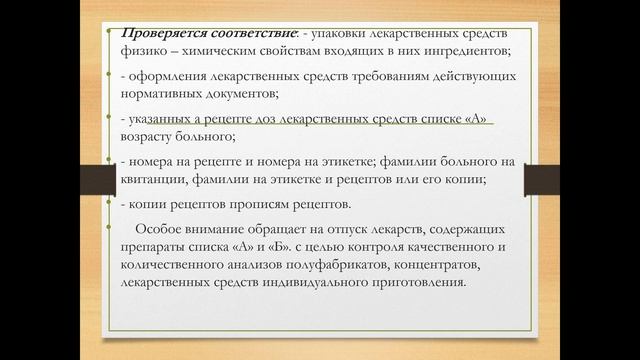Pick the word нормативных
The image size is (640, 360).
tap(164, 95)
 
